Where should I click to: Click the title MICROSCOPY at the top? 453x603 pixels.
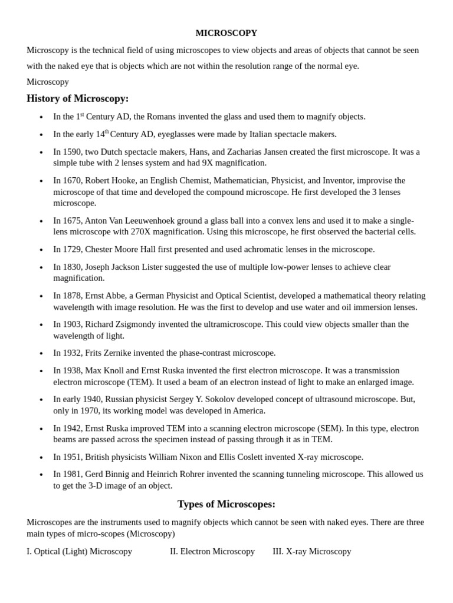(x=226, y=33)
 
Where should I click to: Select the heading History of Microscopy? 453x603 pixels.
(x=77, y=98)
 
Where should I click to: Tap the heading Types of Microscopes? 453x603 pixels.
(x=226, y=504)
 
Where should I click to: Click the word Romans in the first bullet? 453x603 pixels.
(x=155, y=117)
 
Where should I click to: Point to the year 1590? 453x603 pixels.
(x=73, y=151)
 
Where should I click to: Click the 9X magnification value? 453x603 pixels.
(x=208, y=163)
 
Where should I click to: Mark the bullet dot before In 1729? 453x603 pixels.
(x=41, y=250)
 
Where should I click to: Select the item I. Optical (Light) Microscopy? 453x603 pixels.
(x=80, y=551)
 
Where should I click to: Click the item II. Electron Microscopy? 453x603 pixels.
(x=212, y=551)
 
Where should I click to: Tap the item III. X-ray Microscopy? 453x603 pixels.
(x=312, y=551)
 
